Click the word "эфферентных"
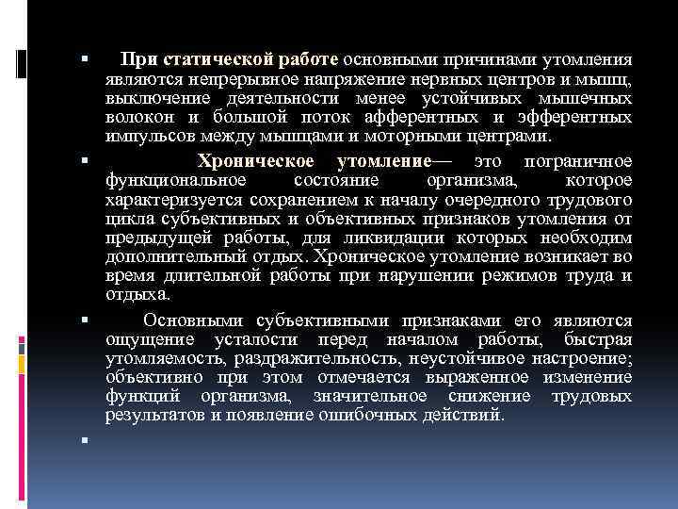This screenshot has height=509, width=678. click(577, 118)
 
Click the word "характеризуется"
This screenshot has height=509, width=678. click(174, 200)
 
